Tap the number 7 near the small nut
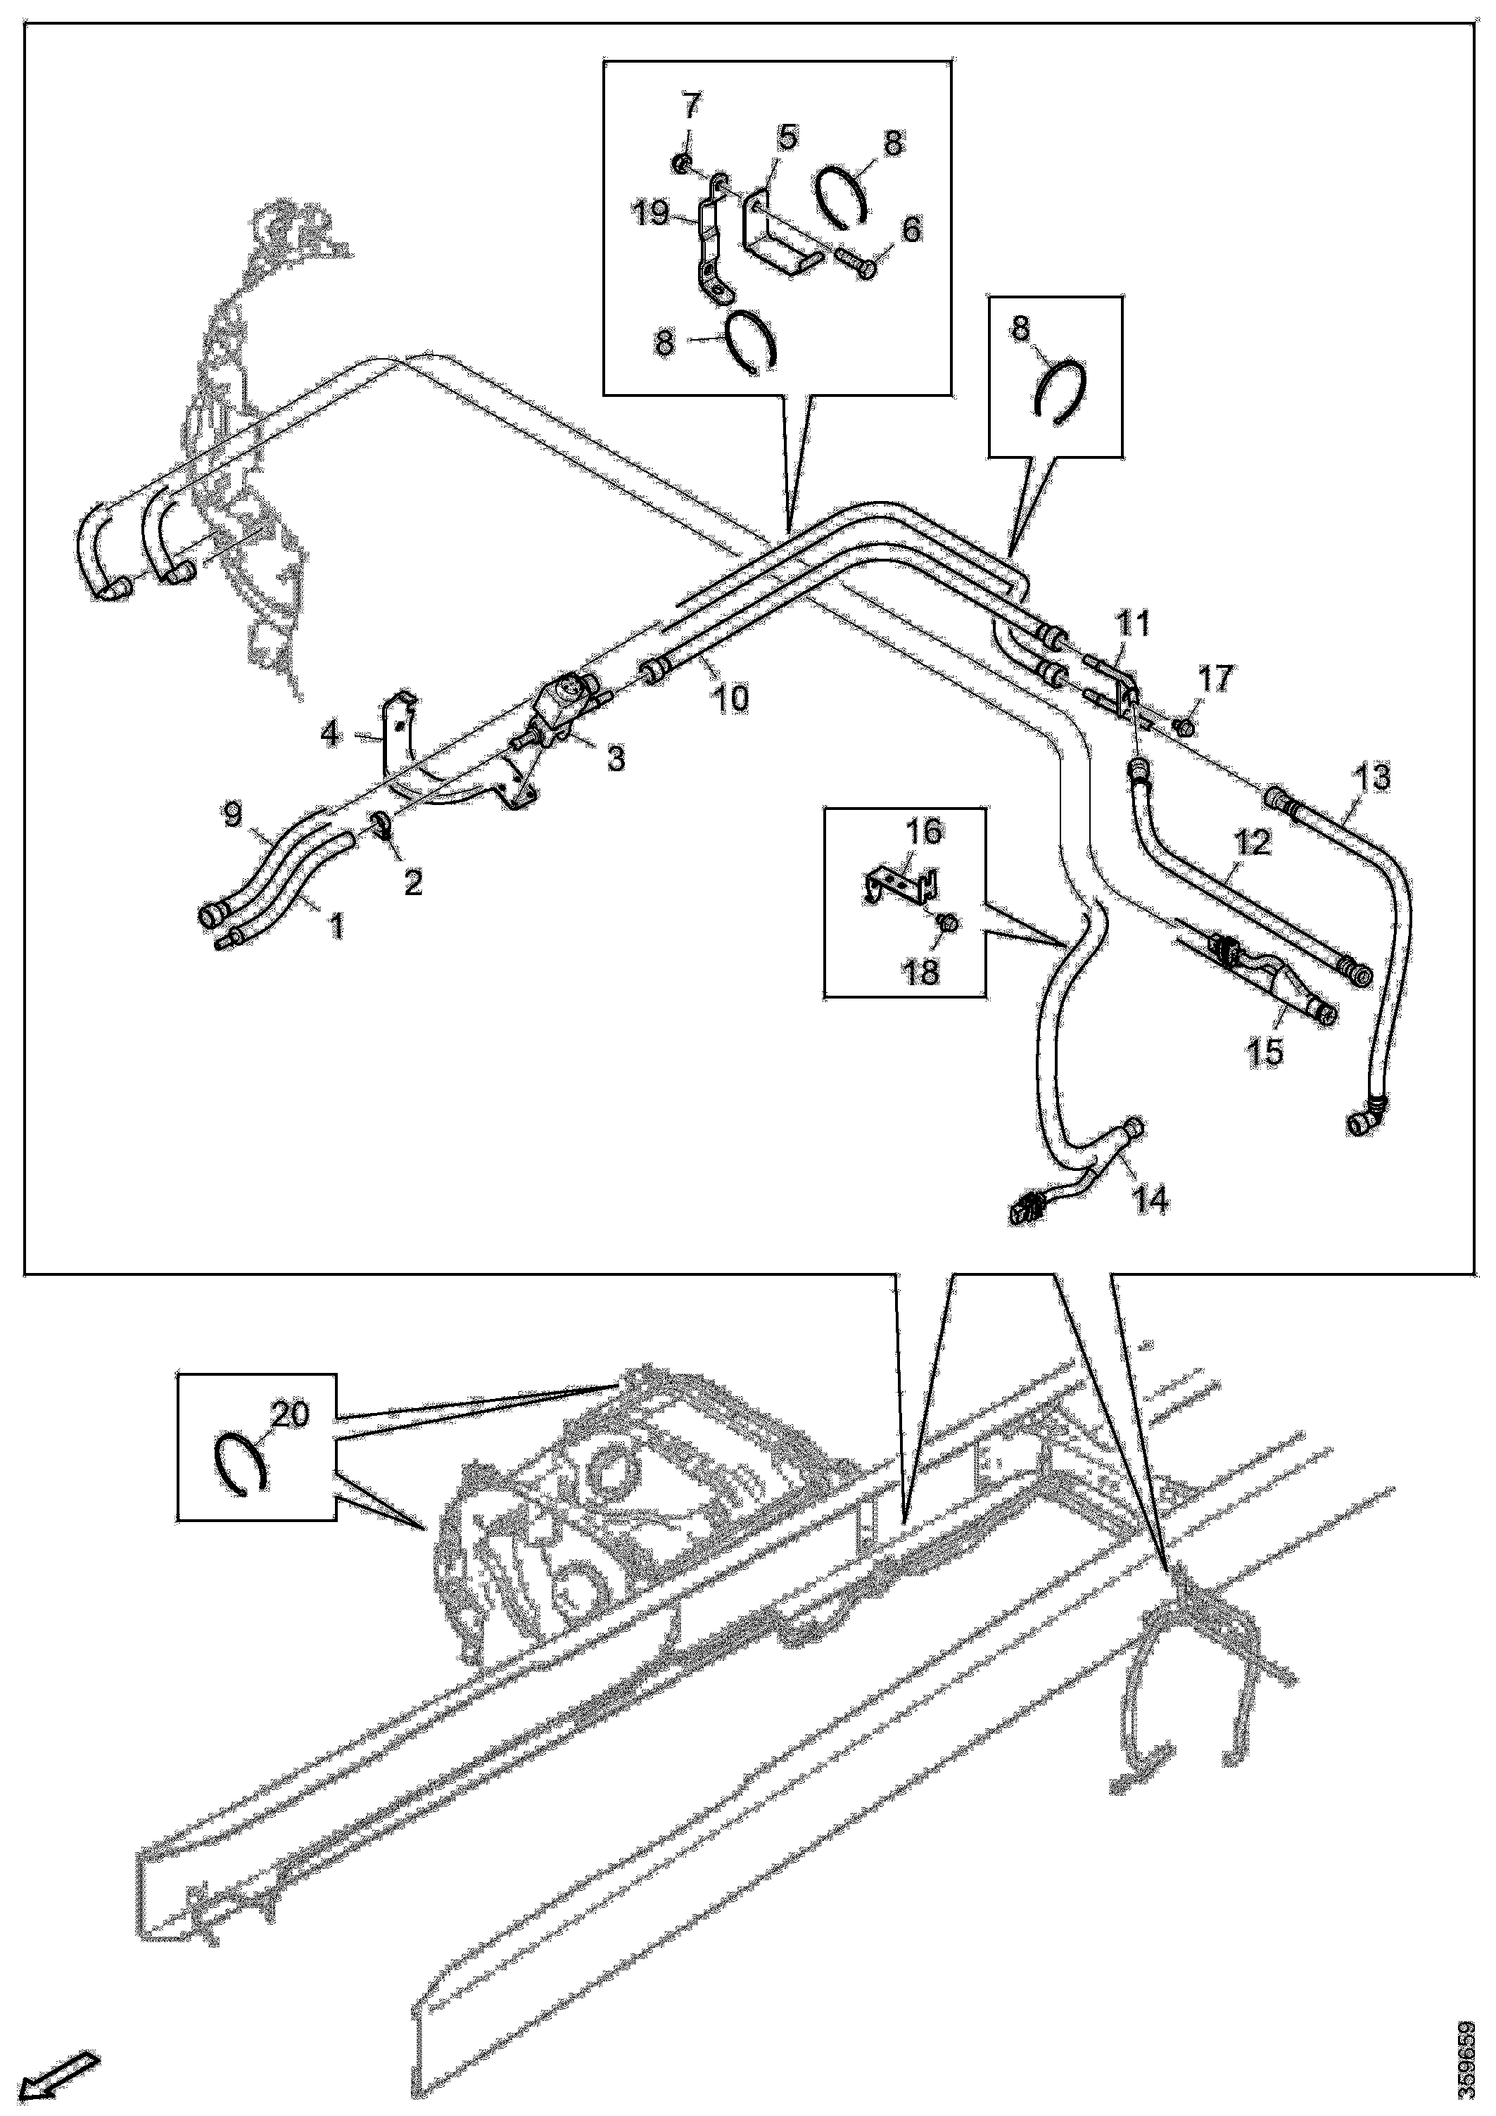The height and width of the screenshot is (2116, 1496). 691,104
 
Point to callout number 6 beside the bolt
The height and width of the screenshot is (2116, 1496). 911,229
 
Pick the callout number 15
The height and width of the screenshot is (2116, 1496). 1267,1051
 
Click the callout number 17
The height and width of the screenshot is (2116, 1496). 1215,680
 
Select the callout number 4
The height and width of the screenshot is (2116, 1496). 330,735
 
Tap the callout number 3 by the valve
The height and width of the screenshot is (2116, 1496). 615,758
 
